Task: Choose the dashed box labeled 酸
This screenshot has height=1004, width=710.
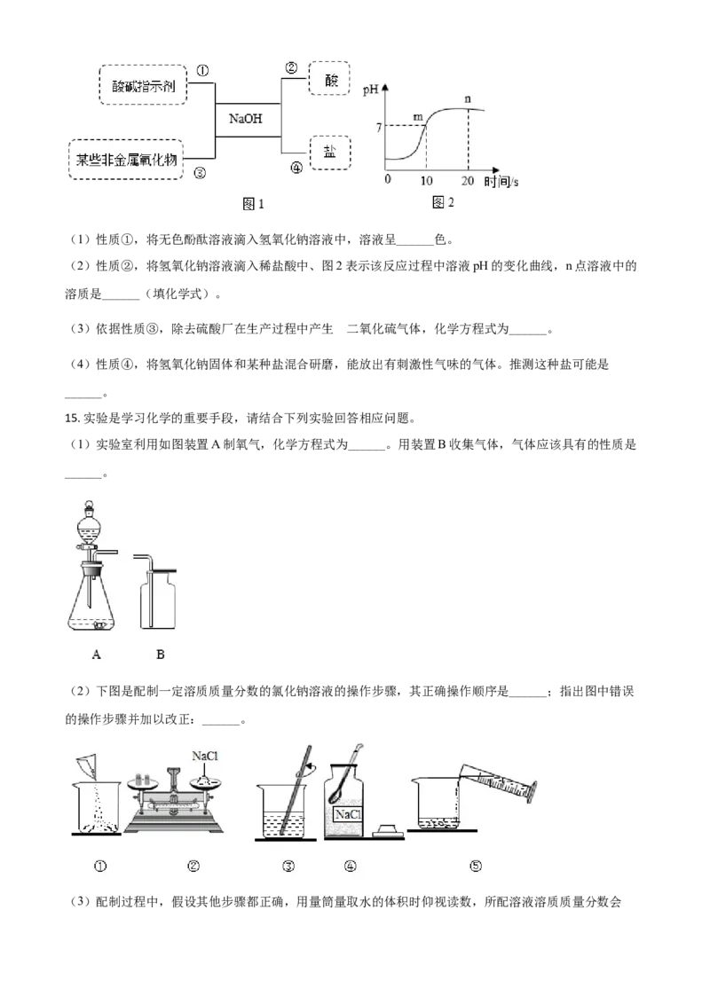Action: pos(329,78)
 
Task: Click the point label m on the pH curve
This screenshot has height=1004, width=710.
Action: pos(418,117)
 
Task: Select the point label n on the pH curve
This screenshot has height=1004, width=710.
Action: pos(468,98)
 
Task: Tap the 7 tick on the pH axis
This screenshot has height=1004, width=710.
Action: pos(379,128)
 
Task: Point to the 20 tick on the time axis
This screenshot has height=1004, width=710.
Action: pos(468,180)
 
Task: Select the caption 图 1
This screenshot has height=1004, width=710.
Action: pos(254,204)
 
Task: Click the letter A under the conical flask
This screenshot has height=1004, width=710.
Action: pos(94,655)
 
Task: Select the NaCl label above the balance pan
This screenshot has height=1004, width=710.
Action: pos(206,756)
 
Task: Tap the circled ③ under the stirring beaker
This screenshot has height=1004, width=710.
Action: pos(288,867)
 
